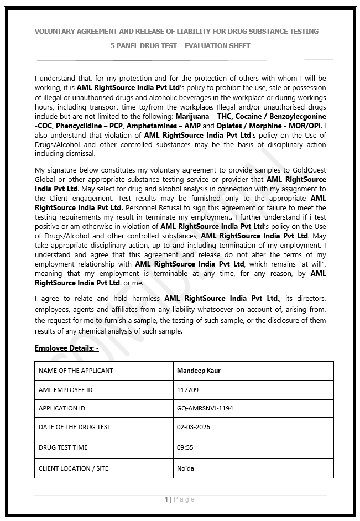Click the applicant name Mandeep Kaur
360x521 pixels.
(x=199, y=371)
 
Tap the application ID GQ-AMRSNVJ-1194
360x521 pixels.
(x=205, y=408)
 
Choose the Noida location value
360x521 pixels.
(x=185, y=468)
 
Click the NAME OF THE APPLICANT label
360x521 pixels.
(x=76, y=371)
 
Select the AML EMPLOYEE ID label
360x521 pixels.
(x=65, y=390)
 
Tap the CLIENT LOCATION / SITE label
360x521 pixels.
(x=74, y=468)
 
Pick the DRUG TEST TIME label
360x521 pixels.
(x=63, y=447)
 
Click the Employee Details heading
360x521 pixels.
(x=66, y=348)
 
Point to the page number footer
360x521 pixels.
(x=180, y=499)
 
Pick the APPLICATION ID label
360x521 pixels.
(x=62, y=408)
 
